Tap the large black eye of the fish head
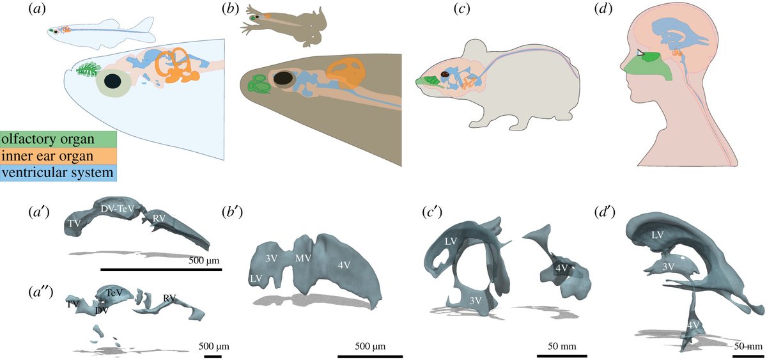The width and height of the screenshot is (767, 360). click(x=114, y=81)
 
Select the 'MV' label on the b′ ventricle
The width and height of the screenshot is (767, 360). click(x=302, y=258)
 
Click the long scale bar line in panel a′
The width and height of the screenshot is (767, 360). click(x=160, y=270)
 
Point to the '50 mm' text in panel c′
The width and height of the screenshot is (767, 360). click(x=562, y=346)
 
